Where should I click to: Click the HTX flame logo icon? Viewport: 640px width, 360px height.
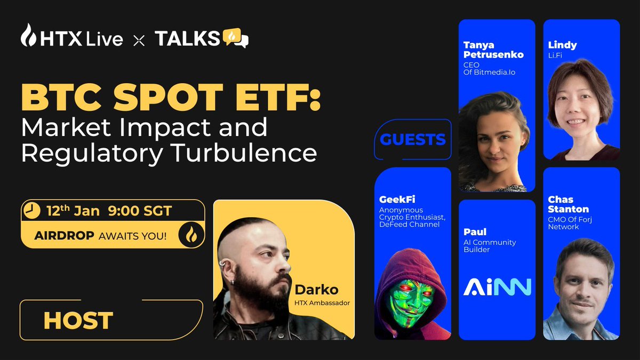[28, 36]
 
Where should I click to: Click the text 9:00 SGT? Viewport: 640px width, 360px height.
[141, 211]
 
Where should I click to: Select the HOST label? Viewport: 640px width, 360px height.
[78, 321]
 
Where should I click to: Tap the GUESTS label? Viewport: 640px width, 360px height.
[413, 140]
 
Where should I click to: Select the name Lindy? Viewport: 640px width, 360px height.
[562, 45]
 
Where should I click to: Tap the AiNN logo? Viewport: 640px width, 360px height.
[497, 286]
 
